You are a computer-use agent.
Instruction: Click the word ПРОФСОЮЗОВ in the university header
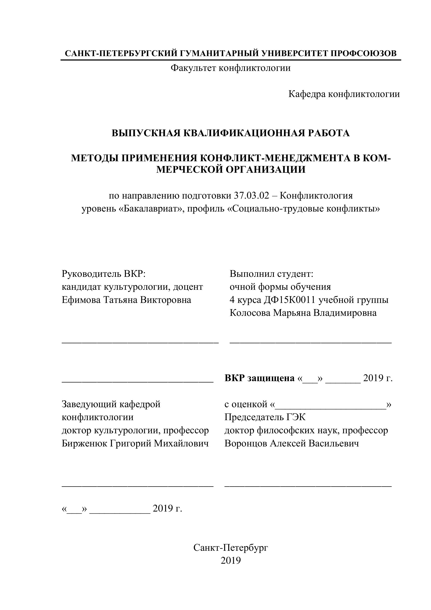tap(363, 53)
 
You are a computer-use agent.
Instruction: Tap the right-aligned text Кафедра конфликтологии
tap(344, 94)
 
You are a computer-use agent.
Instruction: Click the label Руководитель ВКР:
tap(104, 274)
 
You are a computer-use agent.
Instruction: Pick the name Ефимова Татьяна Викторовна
tap(126, 300)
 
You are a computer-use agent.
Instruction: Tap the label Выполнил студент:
tap(272, 274)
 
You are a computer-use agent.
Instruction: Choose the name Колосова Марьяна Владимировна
tap(303, 313)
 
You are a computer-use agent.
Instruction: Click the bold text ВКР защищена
tap(259, 378)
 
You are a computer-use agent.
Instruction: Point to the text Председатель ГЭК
tap(265, 417)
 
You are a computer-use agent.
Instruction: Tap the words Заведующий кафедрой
tap(111, 404)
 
